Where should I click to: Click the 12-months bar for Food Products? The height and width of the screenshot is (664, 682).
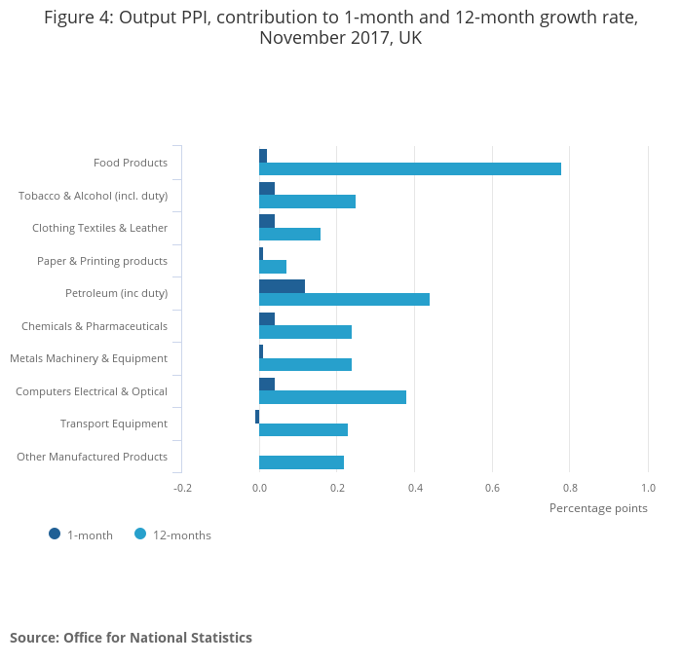click(x=409, y=169)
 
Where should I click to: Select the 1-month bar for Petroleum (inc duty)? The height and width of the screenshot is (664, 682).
click(x=282, y=286)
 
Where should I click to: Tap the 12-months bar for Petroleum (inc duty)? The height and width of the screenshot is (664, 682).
click(x=344, y=300)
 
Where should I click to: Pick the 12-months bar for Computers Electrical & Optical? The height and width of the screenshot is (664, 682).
click(x=332, y=397)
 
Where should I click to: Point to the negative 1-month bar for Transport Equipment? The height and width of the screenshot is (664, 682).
click(x=257, y=417)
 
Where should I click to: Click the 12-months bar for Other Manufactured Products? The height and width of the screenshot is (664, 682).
click(x=301, y=462)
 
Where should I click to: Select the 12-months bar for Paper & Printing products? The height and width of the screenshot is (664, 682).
click(x=273, y=267)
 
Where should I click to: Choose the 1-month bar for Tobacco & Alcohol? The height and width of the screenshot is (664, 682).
click(x=267, y=188)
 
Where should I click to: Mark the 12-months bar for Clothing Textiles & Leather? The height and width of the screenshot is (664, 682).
click(x=289, y=235)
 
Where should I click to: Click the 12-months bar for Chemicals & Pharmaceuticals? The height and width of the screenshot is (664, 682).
click(x=305, y=332)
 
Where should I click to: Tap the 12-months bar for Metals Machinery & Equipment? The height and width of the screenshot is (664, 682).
click(x=305, y=365)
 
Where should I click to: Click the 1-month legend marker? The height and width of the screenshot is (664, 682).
click(x=55, y=534)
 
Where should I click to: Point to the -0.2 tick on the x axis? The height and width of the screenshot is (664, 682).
click(x=182, y=488)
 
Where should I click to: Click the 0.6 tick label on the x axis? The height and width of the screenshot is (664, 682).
click(x=492, y=488)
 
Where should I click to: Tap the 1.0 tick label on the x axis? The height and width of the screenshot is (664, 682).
click(x=648, y=488)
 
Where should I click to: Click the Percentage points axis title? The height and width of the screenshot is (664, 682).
click(x=598, y=508)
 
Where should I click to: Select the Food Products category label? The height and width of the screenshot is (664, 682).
click(x=131, y=163)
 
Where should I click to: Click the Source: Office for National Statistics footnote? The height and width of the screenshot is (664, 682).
click(x=131, y=638)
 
